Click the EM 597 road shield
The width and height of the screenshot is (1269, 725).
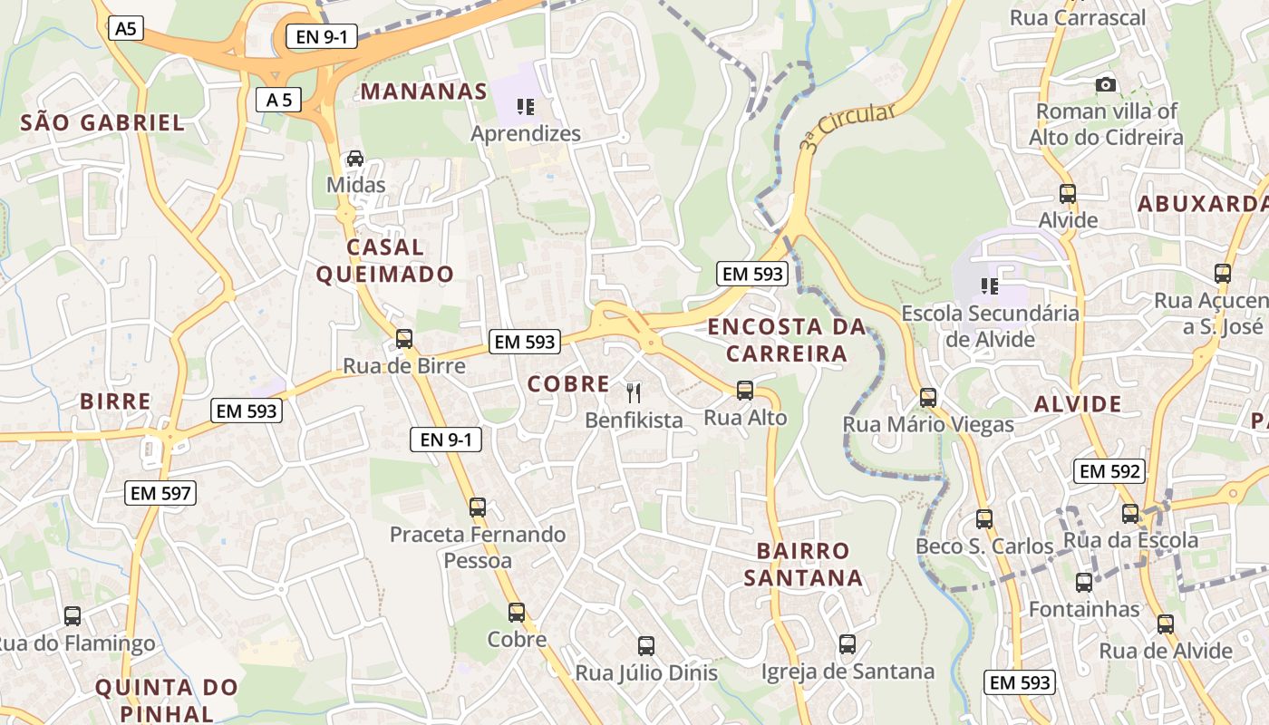(x=161, y=493)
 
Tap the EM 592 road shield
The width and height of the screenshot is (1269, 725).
(x=1109, y=471)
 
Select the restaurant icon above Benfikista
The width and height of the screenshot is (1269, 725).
(x=634, y=392)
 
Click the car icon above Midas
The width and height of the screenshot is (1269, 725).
(x=355, y=158)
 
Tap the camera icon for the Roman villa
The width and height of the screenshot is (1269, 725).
(x=1106, y=85)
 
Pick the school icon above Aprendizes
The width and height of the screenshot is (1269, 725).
(x=526, y=107)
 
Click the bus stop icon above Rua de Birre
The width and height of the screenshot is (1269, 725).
(x=404, y=339)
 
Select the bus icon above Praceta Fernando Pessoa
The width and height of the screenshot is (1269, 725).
(x=478, y=507)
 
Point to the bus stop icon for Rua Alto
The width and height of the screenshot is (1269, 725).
(x=745, y=391)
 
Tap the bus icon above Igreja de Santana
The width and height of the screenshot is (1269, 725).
(x=848, y=644)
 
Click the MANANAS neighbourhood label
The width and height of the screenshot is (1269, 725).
(x=424, y=92)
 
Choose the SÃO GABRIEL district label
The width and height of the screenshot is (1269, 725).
(x=102, y=123)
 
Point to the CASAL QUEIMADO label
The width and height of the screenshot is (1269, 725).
(x=385, y=260)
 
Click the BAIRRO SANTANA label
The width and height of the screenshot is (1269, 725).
(x=803, y=564)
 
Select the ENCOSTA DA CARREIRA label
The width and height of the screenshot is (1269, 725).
(x=787, y=340)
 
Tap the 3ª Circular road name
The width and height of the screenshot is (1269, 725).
(x=847, y=125)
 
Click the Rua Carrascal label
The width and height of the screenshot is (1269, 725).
(x=1078, y=17)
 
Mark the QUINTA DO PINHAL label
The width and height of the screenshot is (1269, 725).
(x=167, y=700)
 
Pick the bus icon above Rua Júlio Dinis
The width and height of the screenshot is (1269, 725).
(x=646, y=646)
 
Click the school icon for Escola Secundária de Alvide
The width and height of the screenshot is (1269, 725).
(x=990, y=286)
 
